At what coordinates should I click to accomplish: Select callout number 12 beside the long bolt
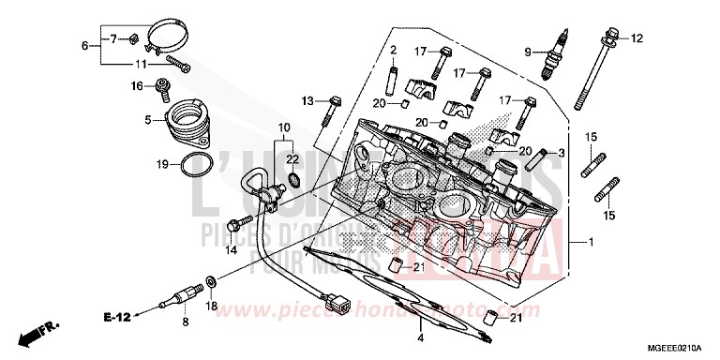pyautogui.click(x=638, y=38)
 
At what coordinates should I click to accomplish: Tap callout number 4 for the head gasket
pyautogui.click(x=421, y=338)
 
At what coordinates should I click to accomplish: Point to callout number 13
pyautogui.click(x=307, y=100)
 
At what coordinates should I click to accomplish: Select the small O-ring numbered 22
pyautogui.click(x=292, y=178)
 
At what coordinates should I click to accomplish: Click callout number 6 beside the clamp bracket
pyautogui.click(x=85, y=46)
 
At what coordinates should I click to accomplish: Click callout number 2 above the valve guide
pyautogui.click(x=395, y=50)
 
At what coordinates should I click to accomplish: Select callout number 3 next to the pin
pyautogui.click(x=562, y=152)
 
